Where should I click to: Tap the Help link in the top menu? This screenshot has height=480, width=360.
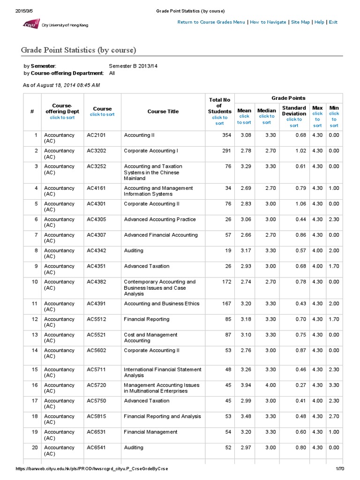pos(319,22)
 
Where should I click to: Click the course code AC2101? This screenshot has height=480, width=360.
pos(97,135)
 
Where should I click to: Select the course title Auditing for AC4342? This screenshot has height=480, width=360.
pos(134,250)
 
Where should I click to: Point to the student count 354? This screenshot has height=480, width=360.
pos(227,135)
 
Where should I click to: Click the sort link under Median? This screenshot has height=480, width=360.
pos(266,119)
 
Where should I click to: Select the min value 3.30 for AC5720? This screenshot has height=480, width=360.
pos(334,385)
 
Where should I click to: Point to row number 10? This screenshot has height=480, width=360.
pos(34,282)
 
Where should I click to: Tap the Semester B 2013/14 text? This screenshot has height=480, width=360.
pos(133,66)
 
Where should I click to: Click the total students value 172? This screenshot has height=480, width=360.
pos(227,282)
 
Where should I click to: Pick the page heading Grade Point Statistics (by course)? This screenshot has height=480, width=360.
pos(78,50)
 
